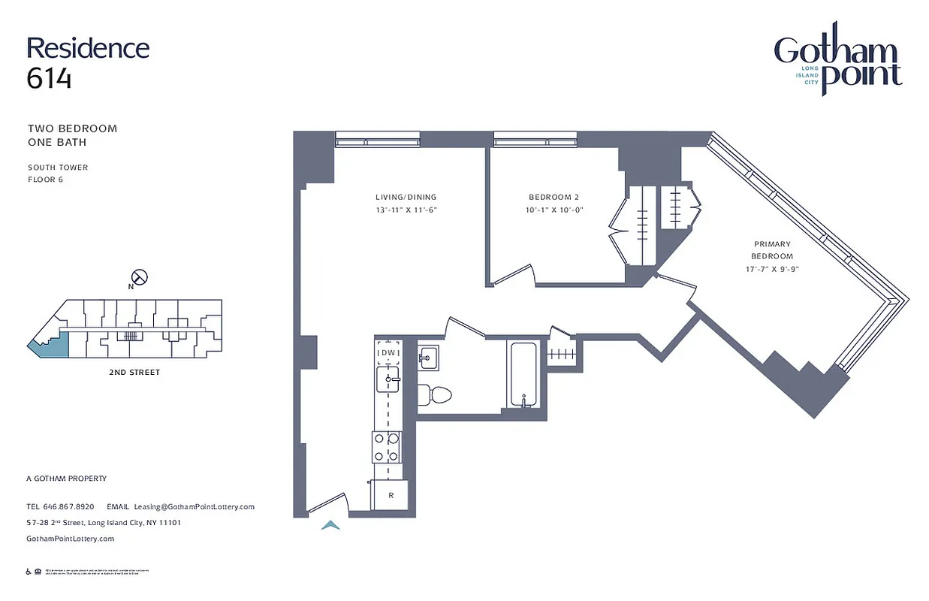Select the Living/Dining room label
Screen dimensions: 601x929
tap(406, 198)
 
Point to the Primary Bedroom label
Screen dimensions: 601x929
tap(772, 250)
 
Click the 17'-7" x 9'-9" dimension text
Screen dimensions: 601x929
tap(772, 268)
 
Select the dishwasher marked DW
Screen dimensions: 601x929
tap(388, 353)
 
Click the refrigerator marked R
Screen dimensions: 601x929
tap(391, 495)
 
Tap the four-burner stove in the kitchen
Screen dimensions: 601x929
tap(388, 447)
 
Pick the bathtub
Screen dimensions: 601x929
tap(523, 373)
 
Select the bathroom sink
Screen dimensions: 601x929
tap(429, 358)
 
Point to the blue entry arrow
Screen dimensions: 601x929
tap(330, 525)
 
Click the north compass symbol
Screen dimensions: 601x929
tap(139, 277)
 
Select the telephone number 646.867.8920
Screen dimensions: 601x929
tap(69, 507)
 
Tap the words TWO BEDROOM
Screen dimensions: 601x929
tap(72, 128)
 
